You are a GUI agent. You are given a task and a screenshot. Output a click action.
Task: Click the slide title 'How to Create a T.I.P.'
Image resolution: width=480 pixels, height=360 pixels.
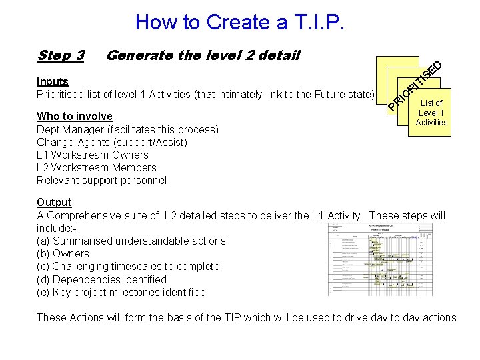tap(240, 22)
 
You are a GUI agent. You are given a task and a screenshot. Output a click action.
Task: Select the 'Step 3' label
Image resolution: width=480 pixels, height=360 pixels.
tap(61, 55)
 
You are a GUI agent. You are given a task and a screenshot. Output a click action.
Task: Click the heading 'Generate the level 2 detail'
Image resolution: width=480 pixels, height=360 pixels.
tap(203, 55)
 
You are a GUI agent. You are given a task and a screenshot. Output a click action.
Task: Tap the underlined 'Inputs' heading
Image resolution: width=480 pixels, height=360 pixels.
tap(53, 81)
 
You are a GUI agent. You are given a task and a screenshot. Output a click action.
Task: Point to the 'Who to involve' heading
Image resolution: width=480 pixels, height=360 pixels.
tap(75, 116)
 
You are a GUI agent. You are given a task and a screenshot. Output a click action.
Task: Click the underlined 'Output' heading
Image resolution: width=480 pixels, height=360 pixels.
tap(54, 202)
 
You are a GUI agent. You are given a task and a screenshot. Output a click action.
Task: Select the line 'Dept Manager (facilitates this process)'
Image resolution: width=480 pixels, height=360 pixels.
tap(127, 129)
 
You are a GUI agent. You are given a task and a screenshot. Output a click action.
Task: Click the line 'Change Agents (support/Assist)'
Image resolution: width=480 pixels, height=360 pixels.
tap(112, 142)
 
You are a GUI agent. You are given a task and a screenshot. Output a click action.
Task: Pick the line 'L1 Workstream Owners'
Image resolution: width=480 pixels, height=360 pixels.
tap(93, 155)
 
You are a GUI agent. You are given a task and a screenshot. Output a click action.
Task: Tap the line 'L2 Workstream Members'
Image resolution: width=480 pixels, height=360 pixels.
tap(97, 167)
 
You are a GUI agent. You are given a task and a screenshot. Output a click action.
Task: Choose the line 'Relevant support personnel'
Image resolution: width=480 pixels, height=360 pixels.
tap(101, 180)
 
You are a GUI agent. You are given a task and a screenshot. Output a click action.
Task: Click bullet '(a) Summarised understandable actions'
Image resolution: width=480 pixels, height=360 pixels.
tap(131, 241)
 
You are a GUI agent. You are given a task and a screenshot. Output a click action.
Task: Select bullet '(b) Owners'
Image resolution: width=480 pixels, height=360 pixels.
tap(63, 253)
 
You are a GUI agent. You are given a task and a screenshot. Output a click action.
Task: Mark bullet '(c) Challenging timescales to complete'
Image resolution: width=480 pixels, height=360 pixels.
tap(128, 266)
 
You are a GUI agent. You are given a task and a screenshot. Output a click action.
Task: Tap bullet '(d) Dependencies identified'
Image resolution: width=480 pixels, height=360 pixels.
tap(101, 279)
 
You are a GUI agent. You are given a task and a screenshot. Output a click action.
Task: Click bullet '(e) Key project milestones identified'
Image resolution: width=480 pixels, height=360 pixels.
tap(121, 292)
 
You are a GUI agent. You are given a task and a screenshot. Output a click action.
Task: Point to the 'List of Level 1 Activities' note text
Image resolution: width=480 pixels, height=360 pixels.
tap(431, 113)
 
